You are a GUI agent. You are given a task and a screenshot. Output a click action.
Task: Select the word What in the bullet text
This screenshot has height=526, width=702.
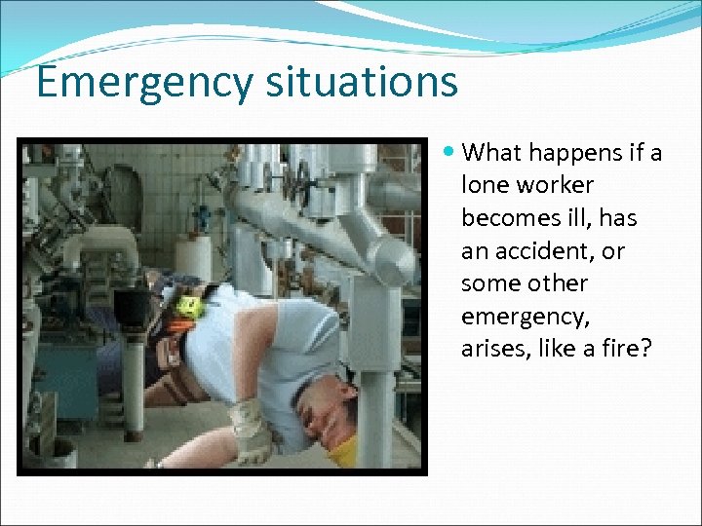pyautogui.click(x=492, y=152)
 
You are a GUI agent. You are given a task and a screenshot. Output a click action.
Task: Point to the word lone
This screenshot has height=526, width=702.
pyautogui.click(x=486, y=185)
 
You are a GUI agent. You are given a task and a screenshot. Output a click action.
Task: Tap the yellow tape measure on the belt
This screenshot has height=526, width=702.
pyautogui.click(x=188, y=307)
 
